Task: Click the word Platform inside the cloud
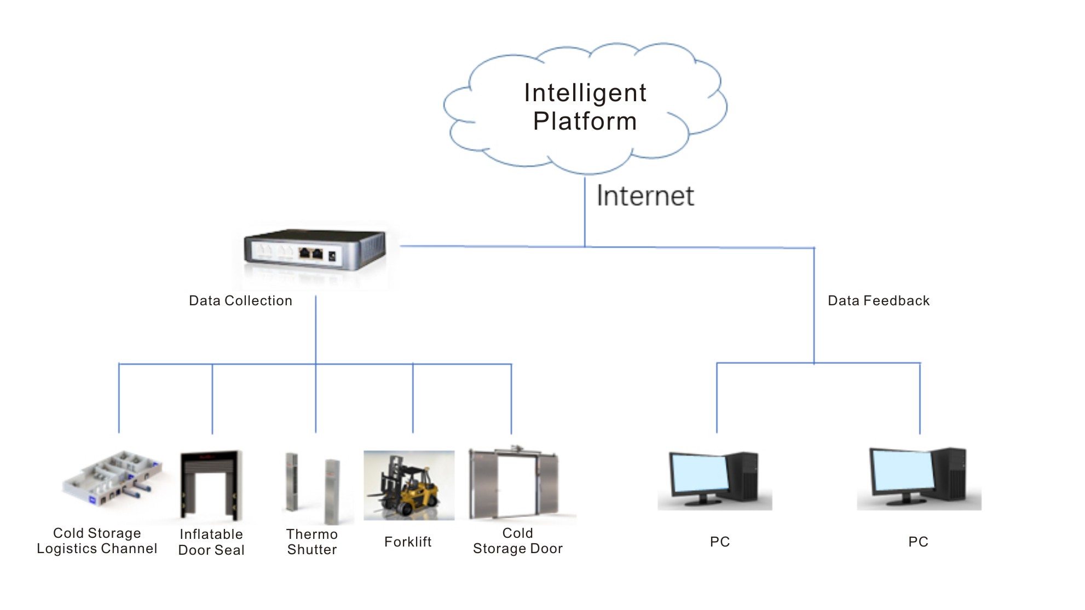[585, 121]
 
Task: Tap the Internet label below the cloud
[645, 196]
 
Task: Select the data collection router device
[315, 250]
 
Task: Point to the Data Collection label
[240, 301]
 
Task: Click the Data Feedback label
[878, 301]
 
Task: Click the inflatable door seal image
[211, 485]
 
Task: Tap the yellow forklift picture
[409, 485]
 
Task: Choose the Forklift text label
[408, 542]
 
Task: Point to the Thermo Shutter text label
[312, 542]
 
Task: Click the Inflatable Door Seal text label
[211, 542]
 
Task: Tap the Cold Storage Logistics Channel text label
[97, 541]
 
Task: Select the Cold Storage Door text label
[517, 541]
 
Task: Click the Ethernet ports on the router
[310, 253]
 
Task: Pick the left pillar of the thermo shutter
[292, 482]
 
